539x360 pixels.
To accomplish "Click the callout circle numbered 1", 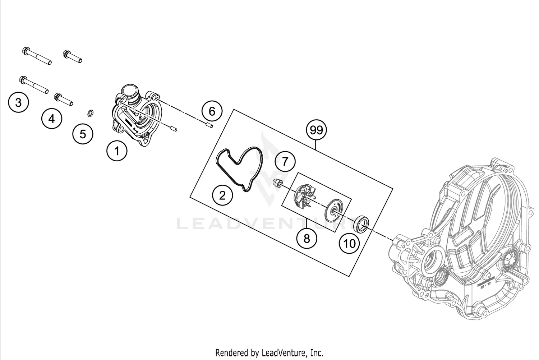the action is click(117, 151).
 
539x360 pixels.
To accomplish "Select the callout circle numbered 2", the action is click(222, 195).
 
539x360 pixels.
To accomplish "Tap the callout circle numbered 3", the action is click(18, 102).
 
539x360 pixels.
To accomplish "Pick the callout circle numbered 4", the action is click(52, 119).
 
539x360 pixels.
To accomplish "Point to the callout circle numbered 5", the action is click(83, 134).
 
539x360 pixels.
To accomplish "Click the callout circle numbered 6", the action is click(212, 111).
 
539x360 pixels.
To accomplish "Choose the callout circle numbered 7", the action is click(285, 162).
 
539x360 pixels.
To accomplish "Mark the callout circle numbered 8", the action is click(307, 238).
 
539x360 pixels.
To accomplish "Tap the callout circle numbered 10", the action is click(349, 244).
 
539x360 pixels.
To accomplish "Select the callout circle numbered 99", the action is click(316, 130).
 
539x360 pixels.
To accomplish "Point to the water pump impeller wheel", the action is click(304, 197).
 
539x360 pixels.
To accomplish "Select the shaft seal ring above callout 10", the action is click(361, 223).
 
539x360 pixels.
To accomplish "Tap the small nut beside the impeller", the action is click(277, 183).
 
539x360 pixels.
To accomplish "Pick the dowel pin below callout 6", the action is click(209, 125).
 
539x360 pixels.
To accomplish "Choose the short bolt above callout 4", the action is click(64, 100).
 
